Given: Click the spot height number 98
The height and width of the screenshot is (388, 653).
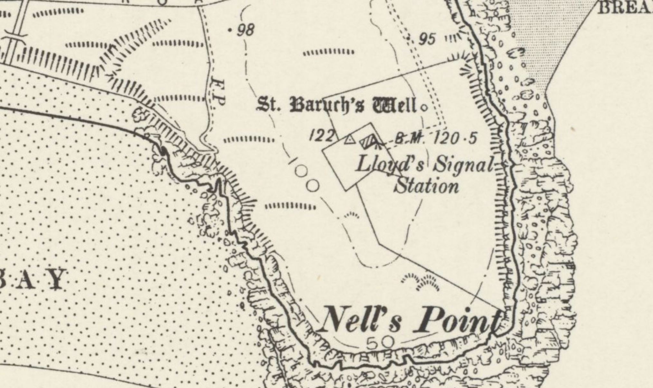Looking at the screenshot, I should click(x=246, y=31).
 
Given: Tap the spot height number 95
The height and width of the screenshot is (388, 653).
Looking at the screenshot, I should click(x=427, y=40).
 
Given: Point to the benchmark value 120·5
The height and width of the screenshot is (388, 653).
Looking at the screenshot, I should click(x=455, y=139).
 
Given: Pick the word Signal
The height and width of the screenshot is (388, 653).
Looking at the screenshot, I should click(x=463, y=165).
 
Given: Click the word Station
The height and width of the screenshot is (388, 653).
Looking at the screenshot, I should click(x=426, y=186).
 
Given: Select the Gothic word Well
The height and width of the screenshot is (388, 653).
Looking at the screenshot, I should click(x=394, y=105).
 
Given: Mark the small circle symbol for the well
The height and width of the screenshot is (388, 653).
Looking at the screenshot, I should click(x=424, y=108).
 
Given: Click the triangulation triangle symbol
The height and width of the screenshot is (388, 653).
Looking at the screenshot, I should click(x=349, y=140).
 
